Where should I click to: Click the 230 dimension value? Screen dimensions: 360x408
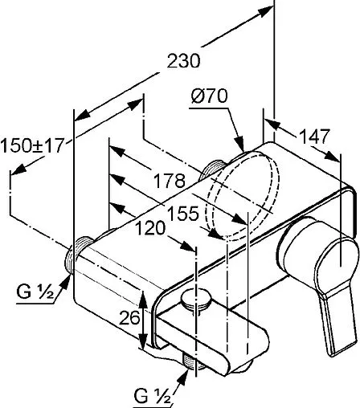[183, 61]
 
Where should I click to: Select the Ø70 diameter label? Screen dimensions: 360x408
[209, 96]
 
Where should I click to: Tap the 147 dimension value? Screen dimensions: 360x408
[314, 137]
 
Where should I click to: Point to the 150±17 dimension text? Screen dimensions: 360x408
[32, 145]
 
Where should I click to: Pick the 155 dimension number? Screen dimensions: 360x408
[183, 214]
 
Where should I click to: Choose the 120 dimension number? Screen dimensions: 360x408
[150, 229]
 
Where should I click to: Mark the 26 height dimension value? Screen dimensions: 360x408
[129, 318]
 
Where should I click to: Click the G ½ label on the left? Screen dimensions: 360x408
[35, 292]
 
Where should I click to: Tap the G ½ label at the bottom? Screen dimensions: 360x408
[152, 395]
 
